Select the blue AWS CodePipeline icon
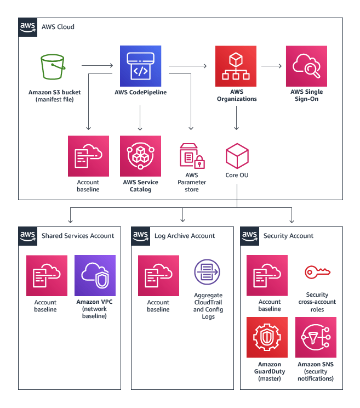pyautogui.click(x=141, y=66)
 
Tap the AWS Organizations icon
pyautogui.click(x=236, y=66)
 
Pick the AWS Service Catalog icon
pyautogui.click(x=141, y=156)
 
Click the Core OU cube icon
pyautogui.click(x=237, y=157)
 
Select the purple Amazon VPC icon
pyautogui.click(x=95, y=275)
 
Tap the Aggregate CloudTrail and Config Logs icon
pyautogui.click(x=207, y=273)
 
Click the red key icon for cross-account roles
pyautogui.click(x=316, y=272)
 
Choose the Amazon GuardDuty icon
pyautogui.click(x=267, y=337)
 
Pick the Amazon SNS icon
pyautogui.click(x=316, y=337)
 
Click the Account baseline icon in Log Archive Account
pyautogui.click(x=158, y=275)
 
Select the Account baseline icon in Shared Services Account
pyautogui.click(x=47, y=275)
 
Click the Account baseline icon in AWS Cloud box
pyautogui.click(x=88, y=156)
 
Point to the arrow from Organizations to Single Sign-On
pyautogui.click(x=271, y=66)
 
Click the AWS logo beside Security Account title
pyautogui.click(x=250, y=235)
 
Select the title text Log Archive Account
pyautogui.click(x=185, y=236)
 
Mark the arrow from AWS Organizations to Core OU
pyautogui.click(x=236, y=118)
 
